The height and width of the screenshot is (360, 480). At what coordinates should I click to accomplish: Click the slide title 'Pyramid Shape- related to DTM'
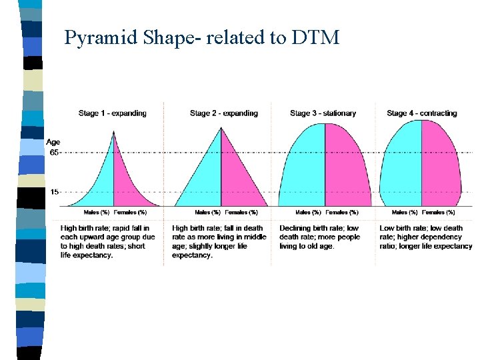click(201, 37)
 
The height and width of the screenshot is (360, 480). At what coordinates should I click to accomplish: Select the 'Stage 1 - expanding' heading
click(112, 113)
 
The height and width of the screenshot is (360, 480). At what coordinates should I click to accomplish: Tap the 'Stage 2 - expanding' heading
click(223, 113)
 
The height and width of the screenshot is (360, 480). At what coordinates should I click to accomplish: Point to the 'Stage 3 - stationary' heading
click(323, 113)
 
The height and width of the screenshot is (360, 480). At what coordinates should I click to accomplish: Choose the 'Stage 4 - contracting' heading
click(421, 113)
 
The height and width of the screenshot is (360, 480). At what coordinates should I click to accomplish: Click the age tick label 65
click(54, 153)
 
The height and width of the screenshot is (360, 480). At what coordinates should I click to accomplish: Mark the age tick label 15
click(54, 192)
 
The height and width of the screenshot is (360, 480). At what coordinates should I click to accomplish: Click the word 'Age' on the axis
click(53, 142)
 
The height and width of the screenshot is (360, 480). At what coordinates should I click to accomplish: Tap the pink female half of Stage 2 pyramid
click(237, 183)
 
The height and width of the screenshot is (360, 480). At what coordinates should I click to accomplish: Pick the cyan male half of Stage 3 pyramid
click(303, 167)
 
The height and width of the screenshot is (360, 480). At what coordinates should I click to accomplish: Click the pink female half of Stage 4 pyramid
click(440, 167)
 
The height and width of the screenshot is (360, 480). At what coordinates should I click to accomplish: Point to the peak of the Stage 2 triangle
click(221, 128)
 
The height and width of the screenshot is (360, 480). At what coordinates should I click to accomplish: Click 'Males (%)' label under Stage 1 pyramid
click(96, 213)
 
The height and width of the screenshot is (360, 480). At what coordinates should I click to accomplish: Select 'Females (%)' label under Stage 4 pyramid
click(441, 213)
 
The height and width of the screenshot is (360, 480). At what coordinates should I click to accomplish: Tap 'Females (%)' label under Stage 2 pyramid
click(241, 213)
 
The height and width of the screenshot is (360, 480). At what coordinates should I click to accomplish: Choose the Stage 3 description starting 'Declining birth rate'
click(320, 237)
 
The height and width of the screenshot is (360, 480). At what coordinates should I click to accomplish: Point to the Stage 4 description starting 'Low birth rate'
click(425, 237)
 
